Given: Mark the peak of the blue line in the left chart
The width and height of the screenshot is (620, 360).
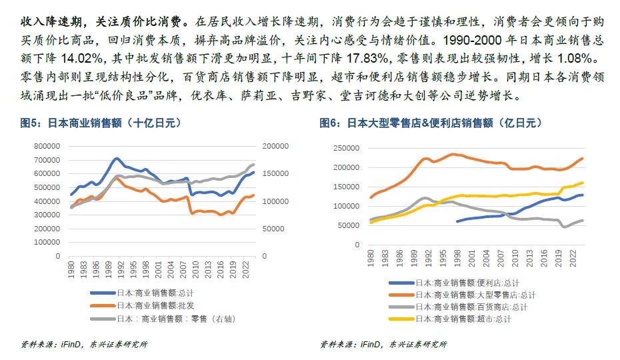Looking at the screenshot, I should (x=117, y=159).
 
